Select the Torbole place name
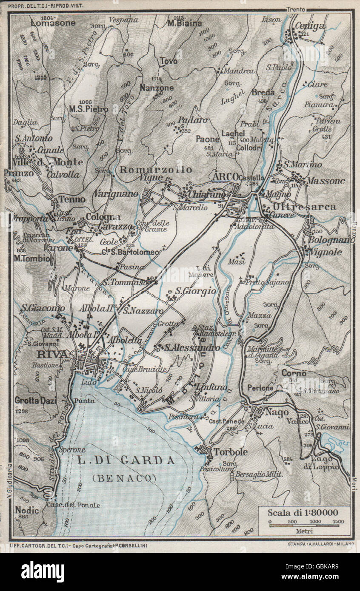(230, 452)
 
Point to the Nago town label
(277, 412)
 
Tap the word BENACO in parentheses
(124, 477)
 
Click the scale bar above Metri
(304, 525)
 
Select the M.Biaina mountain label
(185, 23)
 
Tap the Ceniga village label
(310, 26)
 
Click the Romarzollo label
(156, 170)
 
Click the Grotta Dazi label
(36, 400)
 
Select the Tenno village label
(71, 199)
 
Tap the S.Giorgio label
(195, 292)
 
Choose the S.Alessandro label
(192, 347)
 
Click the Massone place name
(326, 181)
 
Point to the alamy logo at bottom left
(43, 572)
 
